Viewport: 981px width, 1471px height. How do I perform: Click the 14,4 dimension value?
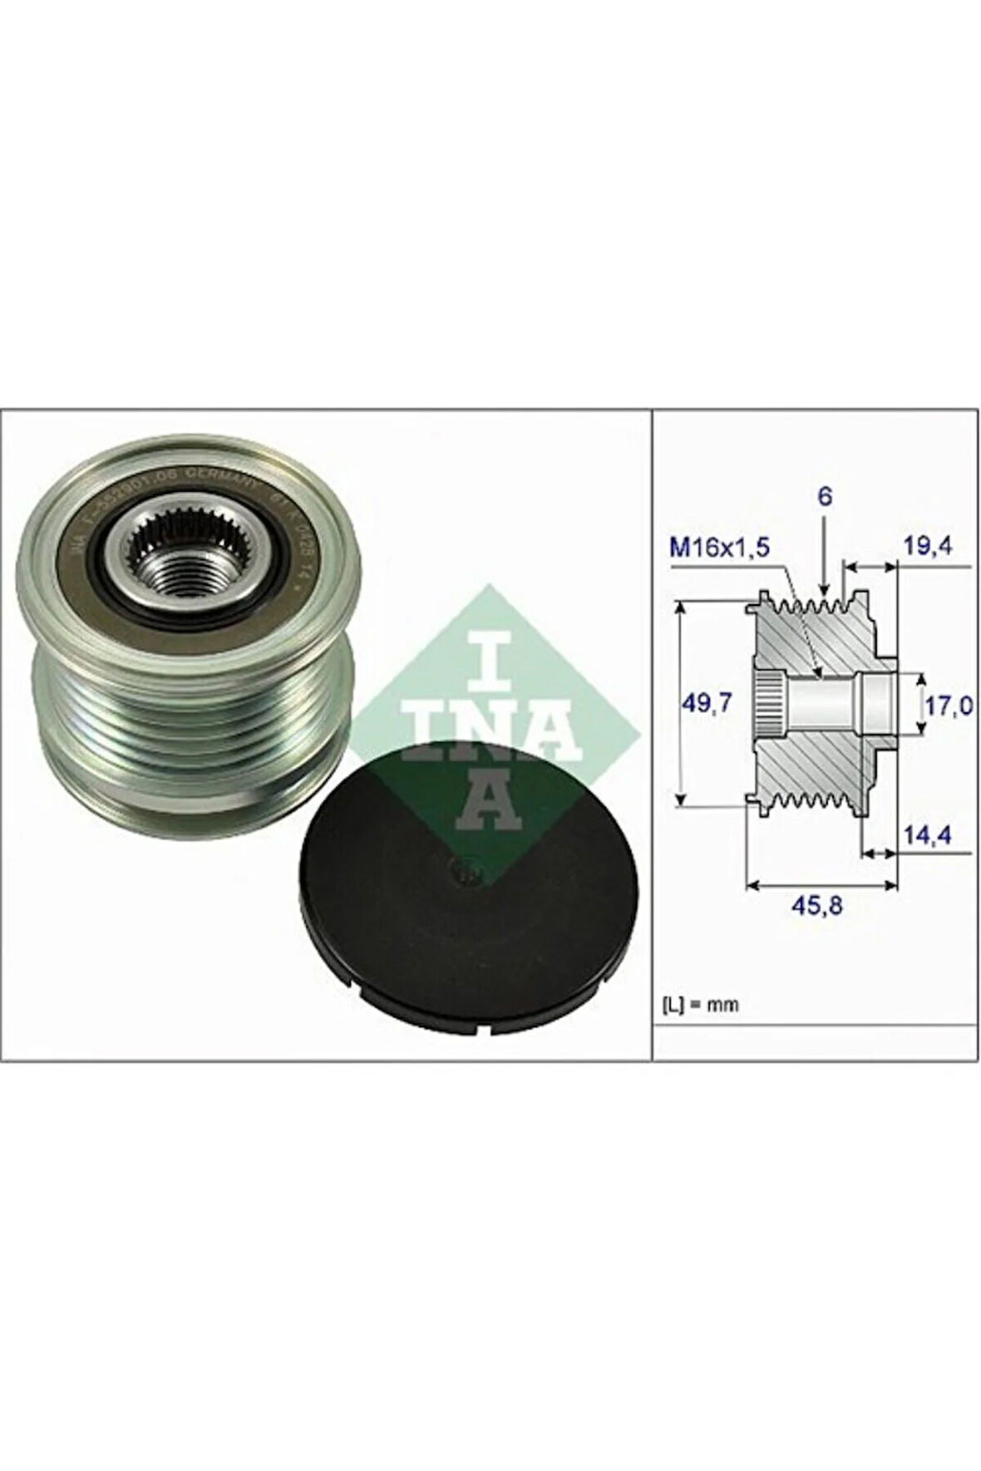point(930,832)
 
